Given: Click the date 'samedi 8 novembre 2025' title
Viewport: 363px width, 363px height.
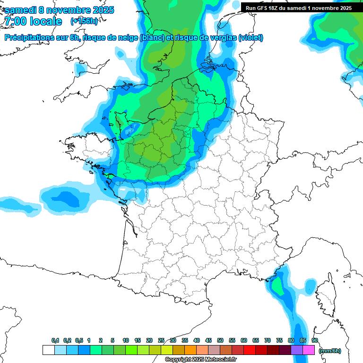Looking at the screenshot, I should coord(59,10).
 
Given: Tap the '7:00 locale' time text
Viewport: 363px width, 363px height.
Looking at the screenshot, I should coord(33,21).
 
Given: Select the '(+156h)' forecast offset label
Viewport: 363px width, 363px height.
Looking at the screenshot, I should coord(84,21).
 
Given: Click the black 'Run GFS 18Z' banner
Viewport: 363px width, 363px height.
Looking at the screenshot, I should coord(298,8).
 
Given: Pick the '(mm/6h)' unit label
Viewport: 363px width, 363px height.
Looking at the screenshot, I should coord(329,350).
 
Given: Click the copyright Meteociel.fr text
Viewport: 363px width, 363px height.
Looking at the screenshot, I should coord(200,360).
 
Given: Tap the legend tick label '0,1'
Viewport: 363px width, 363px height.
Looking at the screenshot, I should coord(55,340).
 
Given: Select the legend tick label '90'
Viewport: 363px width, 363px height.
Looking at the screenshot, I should coord(315,340).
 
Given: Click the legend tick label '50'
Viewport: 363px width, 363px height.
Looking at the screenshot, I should coord(220,340).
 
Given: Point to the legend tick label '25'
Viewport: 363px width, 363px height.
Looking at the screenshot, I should coord(161,340).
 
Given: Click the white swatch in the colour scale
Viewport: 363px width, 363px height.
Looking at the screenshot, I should coord(48,350).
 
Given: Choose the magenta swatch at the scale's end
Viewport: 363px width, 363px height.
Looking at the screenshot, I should coord(309,350).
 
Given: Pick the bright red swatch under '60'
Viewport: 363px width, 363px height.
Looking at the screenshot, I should coord(250,350).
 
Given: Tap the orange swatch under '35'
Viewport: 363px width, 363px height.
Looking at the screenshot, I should coord(190,350).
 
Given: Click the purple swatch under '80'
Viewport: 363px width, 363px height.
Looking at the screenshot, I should coord(297,350).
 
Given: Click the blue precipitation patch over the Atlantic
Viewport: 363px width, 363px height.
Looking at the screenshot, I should coord(66,199).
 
